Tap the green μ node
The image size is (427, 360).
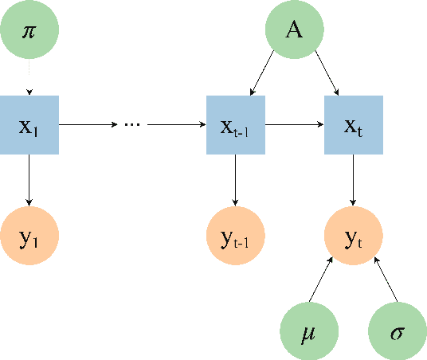310,331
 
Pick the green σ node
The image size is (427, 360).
397,331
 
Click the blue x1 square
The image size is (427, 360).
29,125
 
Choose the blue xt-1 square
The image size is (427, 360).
235,125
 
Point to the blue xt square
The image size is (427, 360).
353,125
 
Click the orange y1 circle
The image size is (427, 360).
29,237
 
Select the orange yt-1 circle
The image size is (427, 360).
235,237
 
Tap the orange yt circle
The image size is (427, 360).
353,237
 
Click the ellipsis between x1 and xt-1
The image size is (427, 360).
132,125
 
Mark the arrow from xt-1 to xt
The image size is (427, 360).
294,125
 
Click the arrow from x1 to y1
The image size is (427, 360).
29,181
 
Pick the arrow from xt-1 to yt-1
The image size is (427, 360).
235,181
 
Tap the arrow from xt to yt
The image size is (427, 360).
353,181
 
